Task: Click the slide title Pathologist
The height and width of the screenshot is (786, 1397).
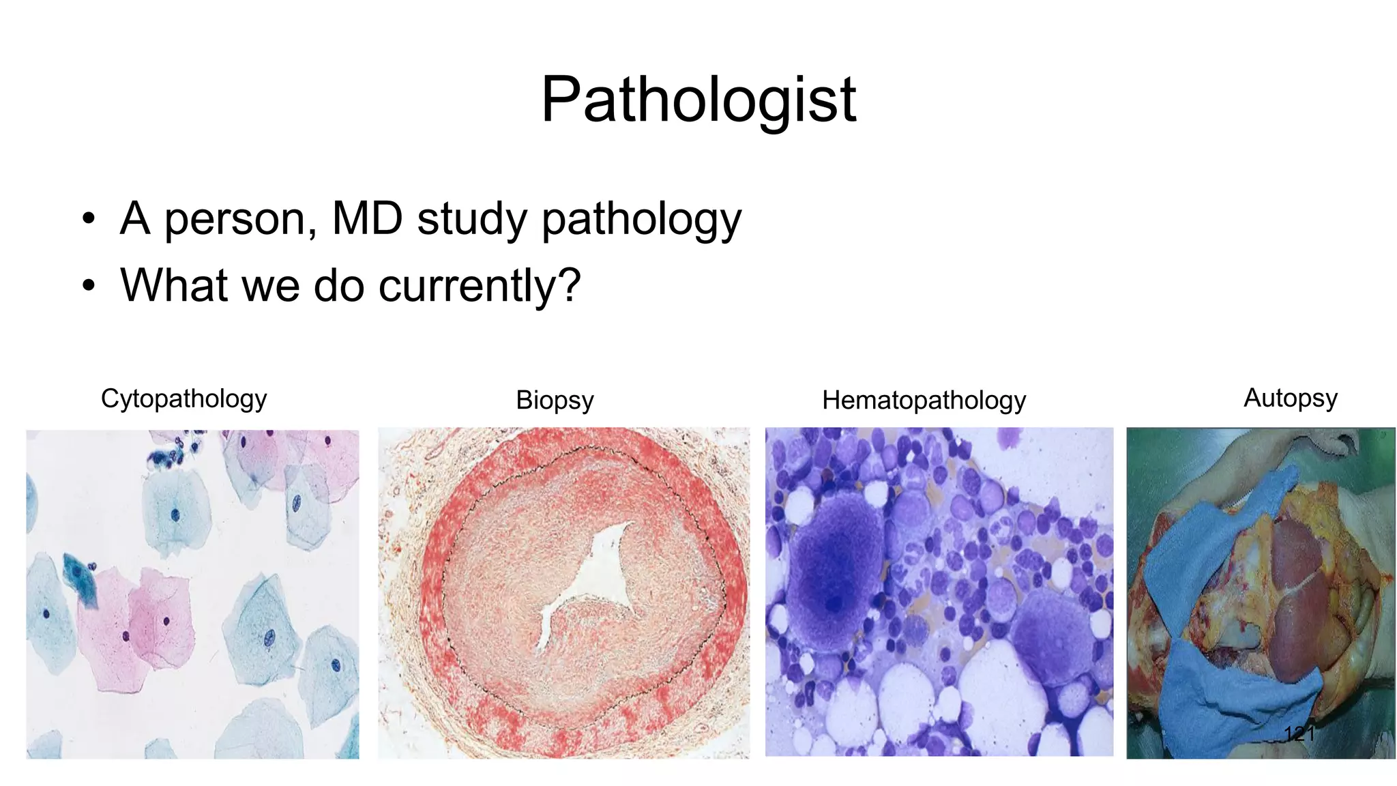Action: coord(698,100)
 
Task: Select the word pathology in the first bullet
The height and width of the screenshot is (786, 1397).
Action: coord(641,220)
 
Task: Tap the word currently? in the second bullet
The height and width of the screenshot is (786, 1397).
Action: coord(479,285)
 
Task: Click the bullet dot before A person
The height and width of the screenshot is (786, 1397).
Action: coord(88,220)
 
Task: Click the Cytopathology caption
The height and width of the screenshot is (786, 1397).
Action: coord(183,398)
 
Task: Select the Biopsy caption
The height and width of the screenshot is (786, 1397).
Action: coord(555,401)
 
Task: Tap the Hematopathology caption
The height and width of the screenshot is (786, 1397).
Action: coord(924,401)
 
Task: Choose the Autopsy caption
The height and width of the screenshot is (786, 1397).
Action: coord(1290,398)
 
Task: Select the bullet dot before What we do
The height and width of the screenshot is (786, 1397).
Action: coord(88,287)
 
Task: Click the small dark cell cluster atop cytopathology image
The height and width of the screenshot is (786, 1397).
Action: coord(171,450)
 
